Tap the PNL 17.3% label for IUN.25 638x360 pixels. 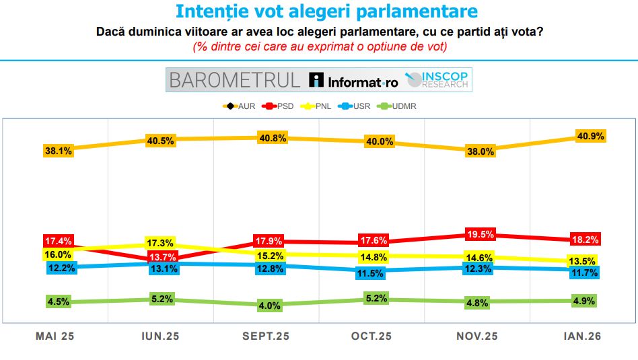coord(159,243)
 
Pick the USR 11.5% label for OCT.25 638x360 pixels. coord(370,274)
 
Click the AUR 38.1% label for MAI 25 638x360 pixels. coord(59,151)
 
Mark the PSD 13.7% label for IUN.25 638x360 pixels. coord(159,257)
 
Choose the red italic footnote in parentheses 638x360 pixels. coord(319,47)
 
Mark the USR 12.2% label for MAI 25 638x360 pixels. coord(61,267)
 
